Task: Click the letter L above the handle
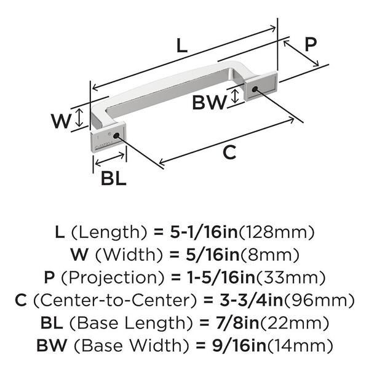tap(180, 45)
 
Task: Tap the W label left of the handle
tap(61, 121)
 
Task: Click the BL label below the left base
tap(113, 178)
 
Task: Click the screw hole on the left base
tap(116, 135)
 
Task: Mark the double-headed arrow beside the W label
tap(78, 119)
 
